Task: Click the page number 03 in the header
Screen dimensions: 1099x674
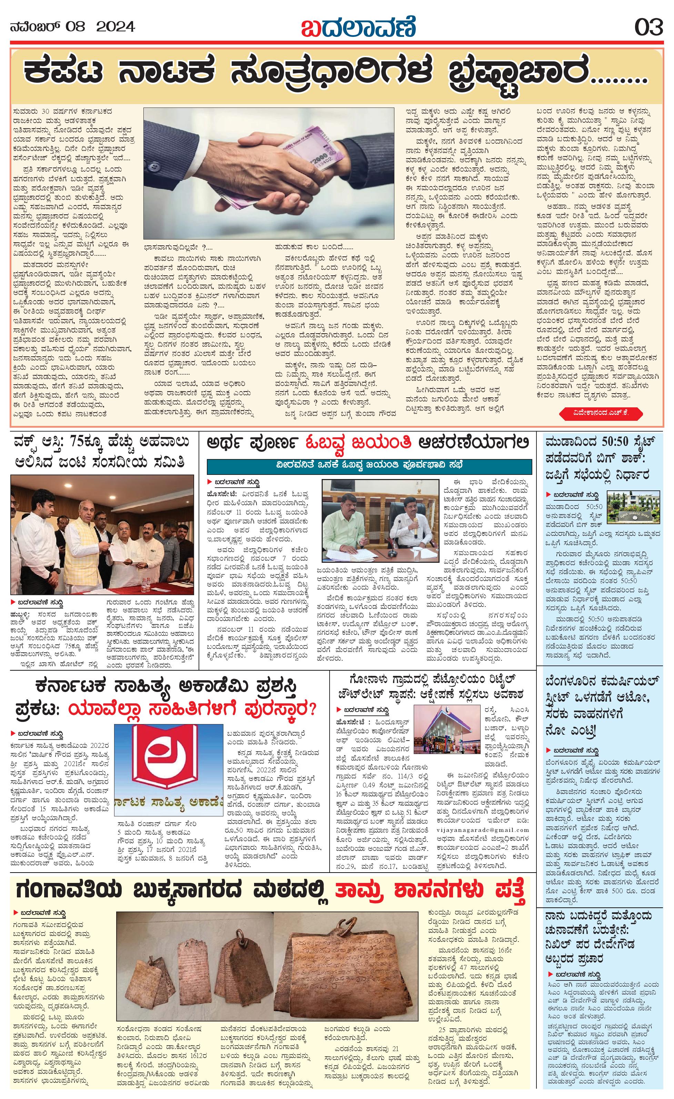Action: (x=648, y=27)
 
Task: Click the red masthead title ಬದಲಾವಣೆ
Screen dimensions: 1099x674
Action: (x=359, y=27)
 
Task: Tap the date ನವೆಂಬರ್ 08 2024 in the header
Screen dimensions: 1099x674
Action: (x=72, y=27)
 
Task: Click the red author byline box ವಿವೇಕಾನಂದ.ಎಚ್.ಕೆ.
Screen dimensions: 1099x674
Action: (x=601, y=414)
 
